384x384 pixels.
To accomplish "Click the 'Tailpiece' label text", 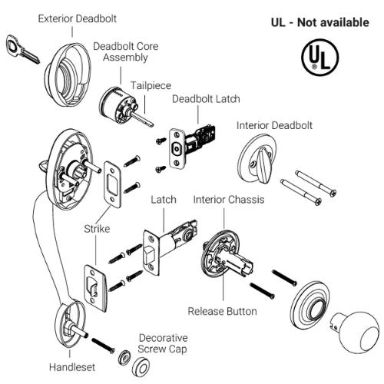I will (151, 85).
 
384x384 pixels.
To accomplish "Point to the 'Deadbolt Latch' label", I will (206, 99).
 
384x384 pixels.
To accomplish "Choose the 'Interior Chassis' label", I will (229, 200).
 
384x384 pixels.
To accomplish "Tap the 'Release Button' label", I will (223, 312).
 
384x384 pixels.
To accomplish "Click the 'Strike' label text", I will (98, 229).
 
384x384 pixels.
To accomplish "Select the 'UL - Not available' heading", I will (319, 22).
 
